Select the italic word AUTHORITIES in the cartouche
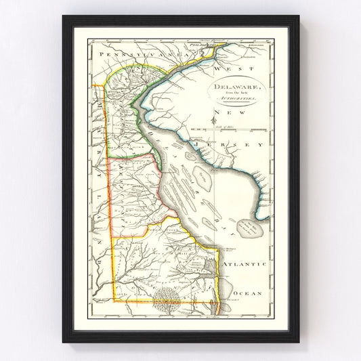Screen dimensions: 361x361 tap(234, 100)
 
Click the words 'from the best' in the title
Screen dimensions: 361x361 tap(233, 93)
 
